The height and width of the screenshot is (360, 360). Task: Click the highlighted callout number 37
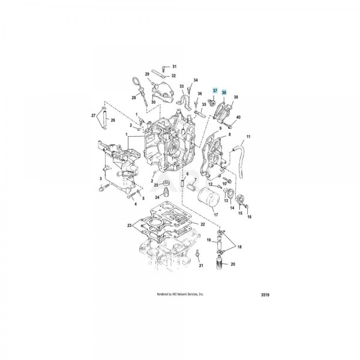[x=215, y=91]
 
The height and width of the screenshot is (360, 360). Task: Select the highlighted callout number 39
[x=224, y=92]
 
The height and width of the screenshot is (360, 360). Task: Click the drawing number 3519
[x=265, y=295]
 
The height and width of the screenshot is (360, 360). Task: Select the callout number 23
[x=129, y=226]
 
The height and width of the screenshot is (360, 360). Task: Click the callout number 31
[x=175, y=67]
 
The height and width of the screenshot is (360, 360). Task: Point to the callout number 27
[x=94, y=115]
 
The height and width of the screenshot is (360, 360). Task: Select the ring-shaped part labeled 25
[x=166, y=184]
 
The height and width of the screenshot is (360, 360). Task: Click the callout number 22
[x=203, y=224]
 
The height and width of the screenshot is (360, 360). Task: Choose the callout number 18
[x=239, y=247]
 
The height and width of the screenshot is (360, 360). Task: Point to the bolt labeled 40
[x=230, y=125]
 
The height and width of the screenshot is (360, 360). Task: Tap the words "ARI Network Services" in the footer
[x=185, y=294]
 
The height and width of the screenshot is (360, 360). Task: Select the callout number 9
[x=220, y=128]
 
